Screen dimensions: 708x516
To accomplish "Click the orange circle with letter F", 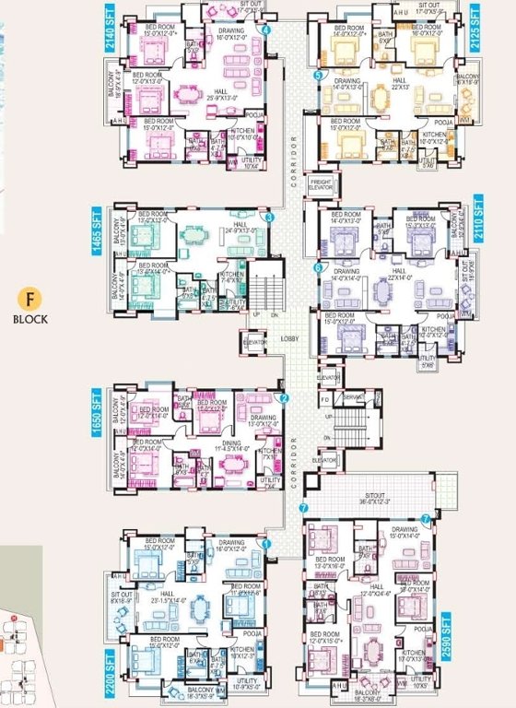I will coord(29,300).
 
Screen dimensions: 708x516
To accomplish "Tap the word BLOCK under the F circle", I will coord(29,321).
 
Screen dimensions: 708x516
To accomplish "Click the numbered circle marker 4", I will coord(266,30).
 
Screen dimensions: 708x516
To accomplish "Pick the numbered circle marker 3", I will coord(269,218).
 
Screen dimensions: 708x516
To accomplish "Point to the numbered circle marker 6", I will coord(319,268).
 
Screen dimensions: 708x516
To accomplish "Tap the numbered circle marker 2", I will coord(284,399).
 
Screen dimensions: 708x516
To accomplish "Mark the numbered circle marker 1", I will coord(266,545).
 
